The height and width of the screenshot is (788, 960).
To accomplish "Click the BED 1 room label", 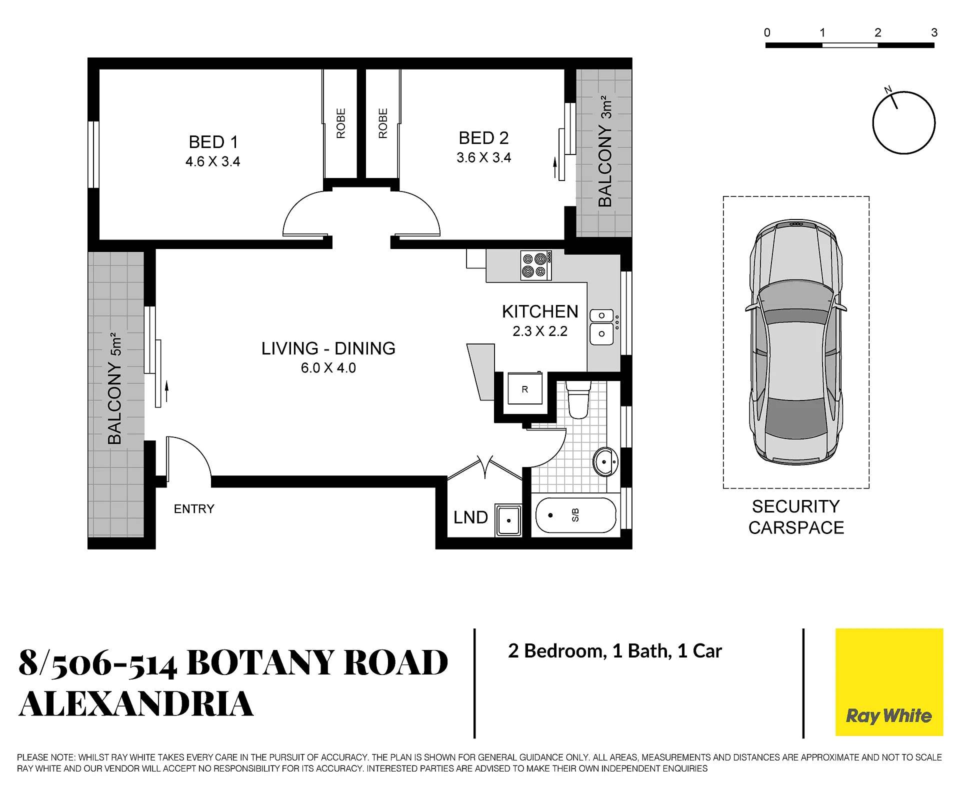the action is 213,142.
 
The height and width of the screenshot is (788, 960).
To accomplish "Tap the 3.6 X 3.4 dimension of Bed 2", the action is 483,157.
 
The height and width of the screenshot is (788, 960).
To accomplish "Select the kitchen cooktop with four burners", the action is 536,265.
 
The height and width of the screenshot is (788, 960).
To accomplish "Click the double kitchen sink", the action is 601,327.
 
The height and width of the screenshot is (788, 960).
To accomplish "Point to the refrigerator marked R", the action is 525,388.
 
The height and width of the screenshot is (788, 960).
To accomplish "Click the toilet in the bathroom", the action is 578,399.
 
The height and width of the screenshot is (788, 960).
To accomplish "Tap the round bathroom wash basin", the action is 605,461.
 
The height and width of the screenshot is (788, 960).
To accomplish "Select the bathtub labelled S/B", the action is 575,515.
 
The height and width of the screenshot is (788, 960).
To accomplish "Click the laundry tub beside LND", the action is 508,520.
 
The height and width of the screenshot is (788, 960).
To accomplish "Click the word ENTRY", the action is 194,509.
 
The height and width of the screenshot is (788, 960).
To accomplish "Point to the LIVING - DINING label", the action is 328,348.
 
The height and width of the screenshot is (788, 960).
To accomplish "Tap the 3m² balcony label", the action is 605,151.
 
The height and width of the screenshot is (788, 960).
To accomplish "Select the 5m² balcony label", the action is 114,388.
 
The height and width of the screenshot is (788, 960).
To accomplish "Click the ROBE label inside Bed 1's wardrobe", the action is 341,123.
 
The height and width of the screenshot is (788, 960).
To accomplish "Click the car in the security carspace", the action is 796,342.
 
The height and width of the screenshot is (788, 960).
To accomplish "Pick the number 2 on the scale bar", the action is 878,32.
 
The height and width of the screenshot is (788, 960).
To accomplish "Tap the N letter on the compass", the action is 888,90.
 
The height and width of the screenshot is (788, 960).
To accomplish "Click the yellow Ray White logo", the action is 889,682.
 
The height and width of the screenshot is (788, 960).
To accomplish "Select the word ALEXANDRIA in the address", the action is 136,704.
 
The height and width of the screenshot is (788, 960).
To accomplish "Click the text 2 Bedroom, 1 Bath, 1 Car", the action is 615,651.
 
